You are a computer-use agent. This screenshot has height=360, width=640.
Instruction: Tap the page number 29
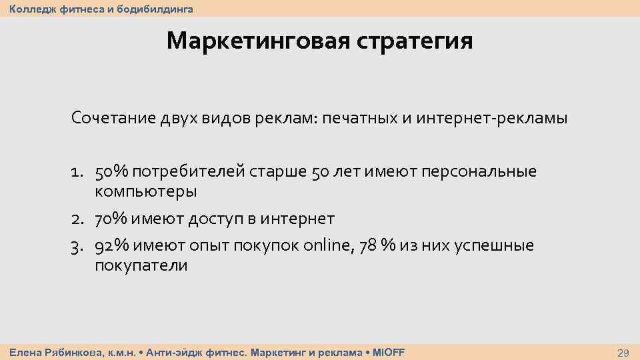click(x=624, y=352)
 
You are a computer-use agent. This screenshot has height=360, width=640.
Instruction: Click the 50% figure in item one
click(x=112, y=172)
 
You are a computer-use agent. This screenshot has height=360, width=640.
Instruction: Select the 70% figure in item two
click(x=112, y=219)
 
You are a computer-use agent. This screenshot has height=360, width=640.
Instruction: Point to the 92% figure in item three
click(x=112, y=246)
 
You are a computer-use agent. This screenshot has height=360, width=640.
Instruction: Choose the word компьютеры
click(x=145, y=192)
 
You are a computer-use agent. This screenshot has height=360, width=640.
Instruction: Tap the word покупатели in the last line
click(x=141, y=265)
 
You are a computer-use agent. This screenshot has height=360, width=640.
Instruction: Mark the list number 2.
click(x=77, y=219)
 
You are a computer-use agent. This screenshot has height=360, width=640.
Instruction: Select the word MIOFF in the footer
click(x=389, y=352)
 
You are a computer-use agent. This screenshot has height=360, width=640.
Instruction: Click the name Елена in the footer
click(x=25, y=352)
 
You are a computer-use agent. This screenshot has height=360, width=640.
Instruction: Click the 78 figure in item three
click(x=367, y=246)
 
